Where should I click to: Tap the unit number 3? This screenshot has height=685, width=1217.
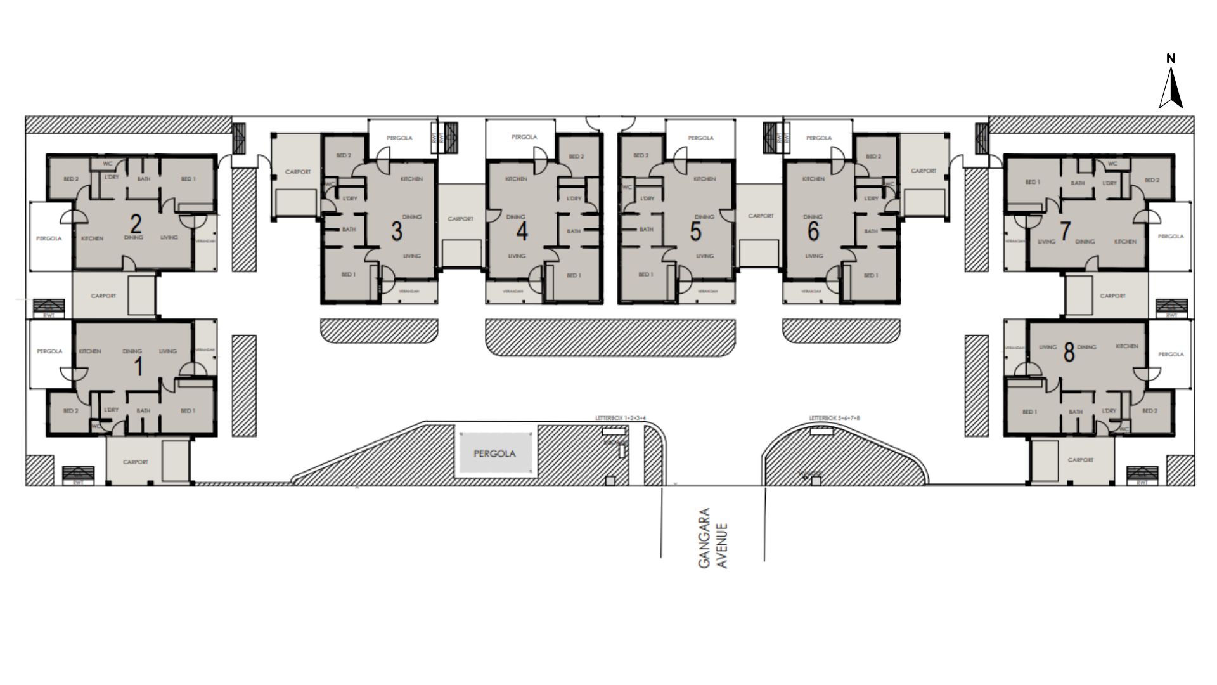pos(397,232)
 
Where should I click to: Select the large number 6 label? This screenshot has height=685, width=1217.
pos(813,232)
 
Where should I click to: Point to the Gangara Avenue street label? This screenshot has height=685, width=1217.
pos(713,537)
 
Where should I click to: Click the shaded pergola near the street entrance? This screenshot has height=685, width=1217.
pos(495,453)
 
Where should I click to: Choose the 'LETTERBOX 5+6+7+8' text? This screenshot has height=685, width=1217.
pos(835,419)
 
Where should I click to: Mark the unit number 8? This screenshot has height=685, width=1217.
pos(1069,353)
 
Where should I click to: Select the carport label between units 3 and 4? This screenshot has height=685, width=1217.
pos(461,219)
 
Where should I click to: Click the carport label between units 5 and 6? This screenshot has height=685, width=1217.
pos(761,216)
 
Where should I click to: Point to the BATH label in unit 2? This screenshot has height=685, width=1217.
pos(144,179)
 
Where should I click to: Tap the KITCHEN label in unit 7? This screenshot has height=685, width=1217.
pos(1125,242)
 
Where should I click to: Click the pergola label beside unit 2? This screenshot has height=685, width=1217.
pos(49,238)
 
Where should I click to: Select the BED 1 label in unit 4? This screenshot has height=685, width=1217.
pos(573,275)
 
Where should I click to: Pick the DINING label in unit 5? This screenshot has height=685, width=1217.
pos(704,217)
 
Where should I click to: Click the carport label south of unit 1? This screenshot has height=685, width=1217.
pos(135,462)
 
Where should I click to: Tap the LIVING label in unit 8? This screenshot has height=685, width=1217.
pos(1048,347)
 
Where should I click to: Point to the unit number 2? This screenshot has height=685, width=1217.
pos(135,223)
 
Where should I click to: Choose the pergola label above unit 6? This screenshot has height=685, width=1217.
pos(819,138)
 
